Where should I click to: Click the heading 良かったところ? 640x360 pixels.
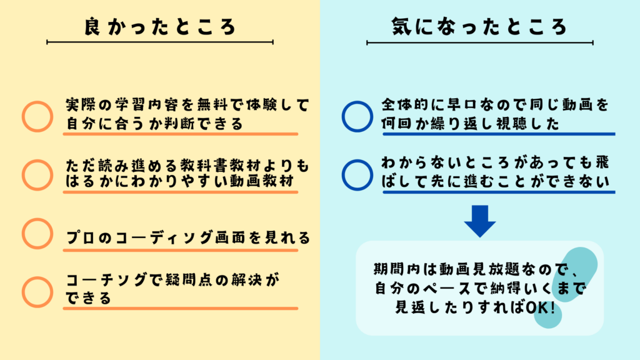click(160, 26)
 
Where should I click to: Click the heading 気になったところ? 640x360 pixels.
click(479, 26)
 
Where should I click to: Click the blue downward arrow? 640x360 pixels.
click(480, 221)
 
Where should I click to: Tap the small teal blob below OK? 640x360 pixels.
click(547, 315)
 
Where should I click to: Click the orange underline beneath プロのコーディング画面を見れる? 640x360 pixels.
click(181, 250)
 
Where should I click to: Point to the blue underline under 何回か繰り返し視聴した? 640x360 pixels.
click(499, 134)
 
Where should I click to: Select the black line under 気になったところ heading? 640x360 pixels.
click(479, 42)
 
